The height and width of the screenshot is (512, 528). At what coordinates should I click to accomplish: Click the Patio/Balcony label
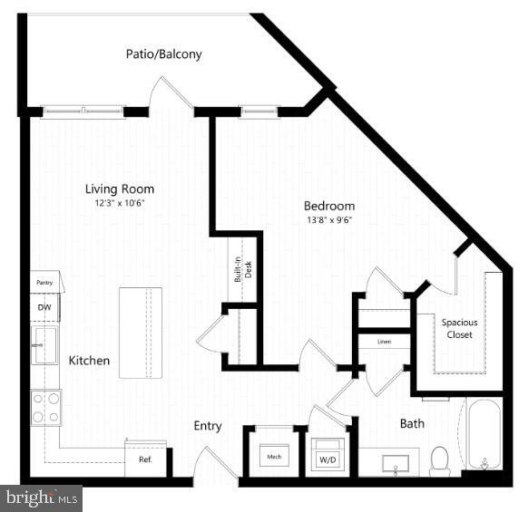(163, 54)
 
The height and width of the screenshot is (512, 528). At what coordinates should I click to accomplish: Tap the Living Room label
(119, 189)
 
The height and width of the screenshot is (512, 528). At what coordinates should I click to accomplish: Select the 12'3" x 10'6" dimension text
(119, 203)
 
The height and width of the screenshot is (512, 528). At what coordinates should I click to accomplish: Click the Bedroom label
(329, 206)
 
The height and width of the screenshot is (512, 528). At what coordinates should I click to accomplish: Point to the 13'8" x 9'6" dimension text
(329, 219)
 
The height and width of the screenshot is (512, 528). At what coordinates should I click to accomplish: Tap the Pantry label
(44, 283)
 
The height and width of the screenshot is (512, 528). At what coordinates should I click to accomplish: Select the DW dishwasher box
(44, 307)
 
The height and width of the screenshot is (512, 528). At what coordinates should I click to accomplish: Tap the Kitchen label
(89, 361)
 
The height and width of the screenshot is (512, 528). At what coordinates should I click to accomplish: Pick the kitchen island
(141, 333)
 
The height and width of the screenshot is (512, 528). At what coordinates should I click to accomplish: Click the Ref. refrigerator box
(145, 459)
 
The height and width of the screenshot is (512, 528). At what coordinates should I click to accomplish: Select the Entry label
(208, 426)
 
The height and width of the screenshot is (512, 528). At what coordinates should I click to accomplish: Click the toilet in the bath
(441, 459)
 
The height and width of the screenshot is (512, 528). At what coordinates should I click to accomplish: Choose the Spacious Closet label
(459, 328)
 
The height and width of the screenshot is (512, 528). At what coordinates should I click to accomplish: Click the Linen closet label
(384, 342)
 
